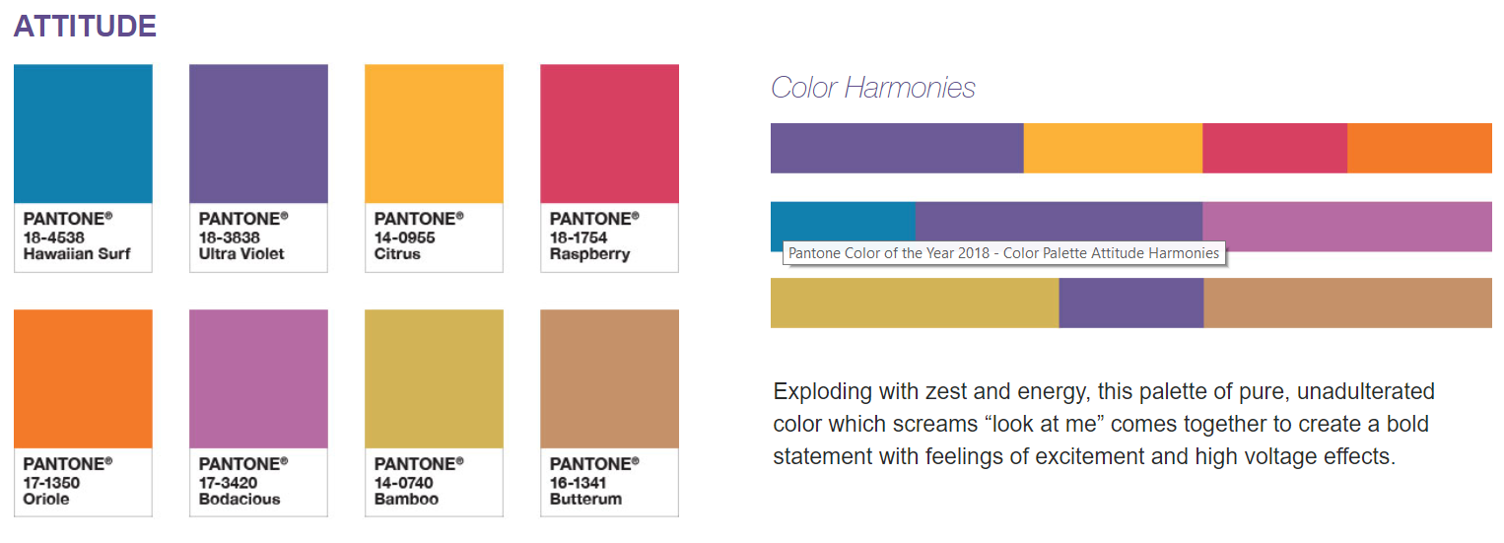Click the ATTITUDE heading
tap(85, 27)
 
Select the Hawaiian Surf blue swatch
tap(83, 134)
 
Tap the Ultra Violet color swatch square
tap(258, 134)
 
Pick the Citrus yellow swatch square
tap(434, 134)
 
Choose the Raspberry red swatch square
tap(610, 134)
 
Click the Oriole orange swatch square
tap(83, 378)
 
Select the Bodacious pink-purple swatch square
tap(258, 378)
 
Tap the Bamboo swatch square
tap(434, 378)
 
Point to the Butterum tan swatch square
tap(610, 378)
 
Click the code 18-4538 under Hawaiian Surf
tap(53, 238)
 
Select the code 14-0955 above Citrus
tap(404, 238)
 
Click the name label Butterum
tap(585, 499)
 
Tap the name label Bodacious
tap(239, 499)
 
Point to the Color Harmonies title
tap(873, 88)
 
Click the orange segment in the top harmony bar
tap(1419, 149)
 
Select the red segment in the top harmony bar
tap(1274, 149)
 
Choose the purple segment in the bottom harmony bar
tap(1131, 304)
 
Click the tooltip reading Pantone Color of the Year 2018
tap(1003, 253)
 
